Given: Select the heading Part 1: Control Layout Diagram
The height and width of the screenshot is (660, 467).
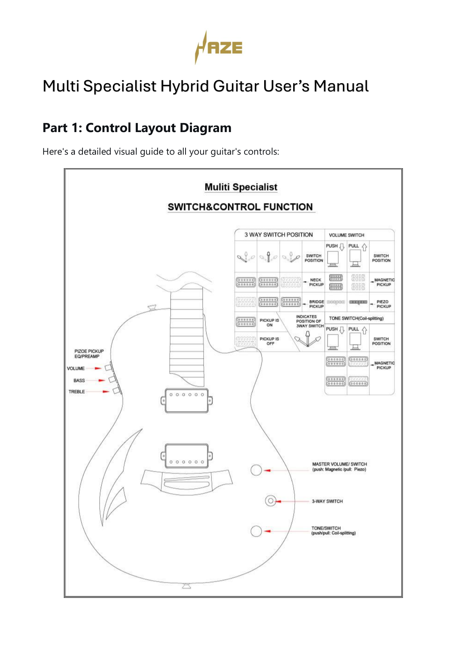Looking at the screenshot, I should pyautogui.click(x=137, y=128).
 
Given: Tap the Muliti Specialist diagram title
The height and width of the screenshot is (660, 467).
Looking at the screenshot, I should pyautogui.click(x=241, y=187).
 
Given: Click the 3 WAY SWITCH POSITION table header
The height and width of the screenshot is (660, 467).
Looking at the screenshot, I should pyautogui.click(x=278, y=235).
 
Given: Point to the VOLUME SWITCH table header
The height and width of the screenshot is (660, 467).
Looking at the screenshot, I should pyautogui.click(x=347, y=235).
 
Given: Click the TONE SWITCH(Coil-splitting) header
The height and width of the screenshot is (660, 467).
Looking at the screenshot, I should pyautogui.click(x=356, y=318).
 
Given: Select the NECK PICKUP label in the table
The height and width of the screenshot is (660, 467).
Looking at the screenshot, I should pyautogui.click(x=316, y=282).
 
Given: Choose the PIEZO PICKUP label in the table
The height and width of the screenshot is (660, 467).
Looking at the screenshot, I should pyautogui.click(x=383, y=304).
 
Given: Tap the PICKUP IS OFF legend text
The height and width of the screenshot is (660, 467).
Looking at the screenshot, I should pyautogui.click(x=269, y=341).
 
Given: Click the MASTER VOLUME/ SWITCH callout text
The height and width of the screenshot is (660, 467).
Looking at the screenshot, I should pyautogui.click(x=339, y=467).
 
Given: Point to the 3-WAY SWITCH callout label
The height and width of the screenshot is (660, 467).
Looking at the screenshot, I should pyautogui.click(x=327, y=501).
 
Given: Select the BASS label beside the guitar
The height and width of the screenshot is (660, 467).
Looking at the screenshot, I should pyautogui.click(x=79, y=380).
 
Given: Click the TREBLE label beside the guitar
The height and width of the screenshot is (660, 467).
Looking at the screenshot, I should pyautogui.click(x=76, y=392).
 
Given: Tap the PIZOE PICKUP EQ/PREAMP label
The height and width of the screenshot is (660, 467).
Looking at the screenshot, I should pyautogui.click(x=88, y=354).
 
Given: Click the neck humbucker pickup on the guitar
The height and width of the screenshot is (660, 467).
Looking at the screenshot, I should pyautogui.click(x=186, y=400).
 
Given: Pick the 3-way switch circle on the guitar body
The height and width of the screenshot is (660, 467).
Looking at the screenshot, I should pyautogui.click(x=270, y=501).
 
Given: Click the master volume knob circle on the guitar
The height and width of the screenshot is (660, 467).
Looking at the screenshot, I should pyautogui.click(x=256, y=470).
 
